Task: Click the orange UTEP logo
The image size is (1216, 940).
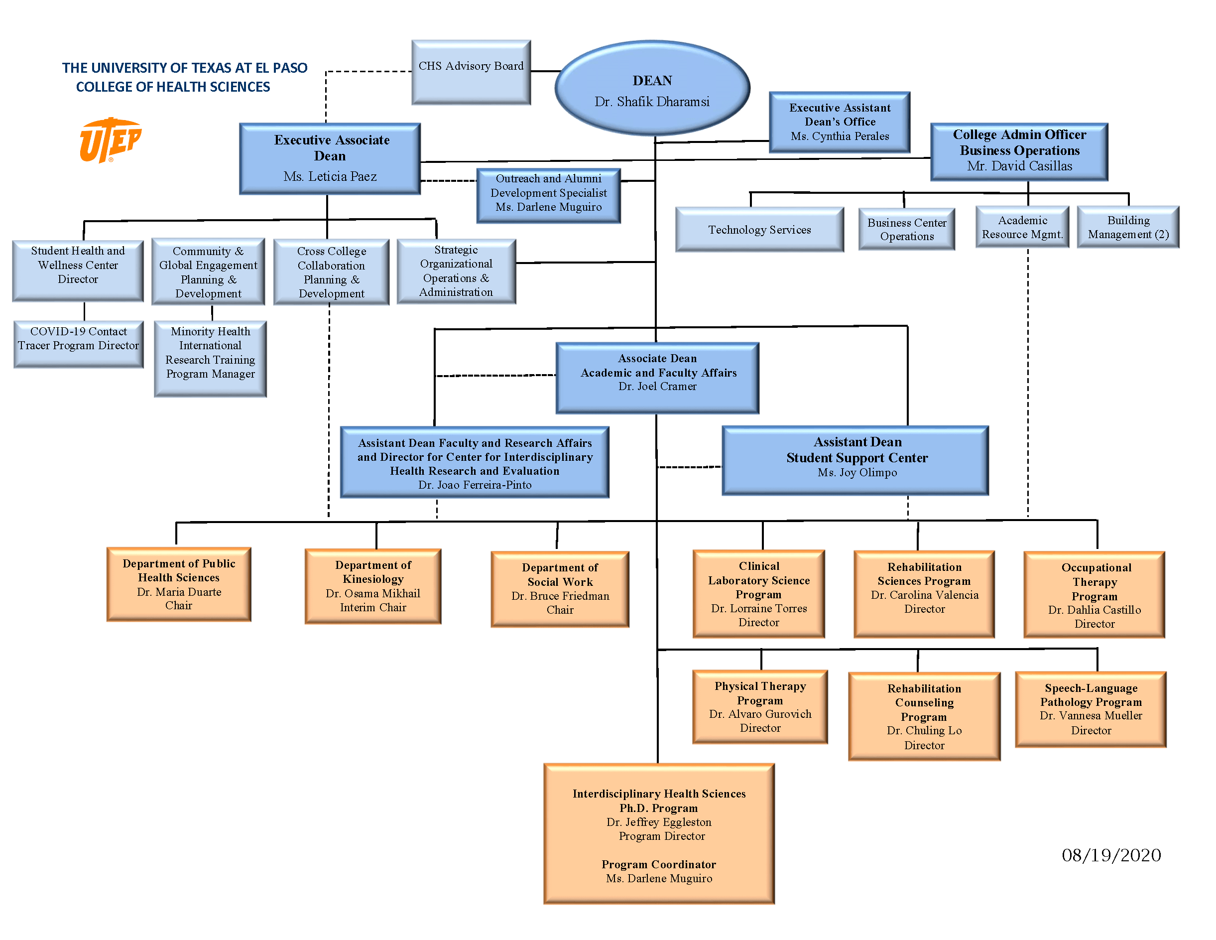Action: [110, 140]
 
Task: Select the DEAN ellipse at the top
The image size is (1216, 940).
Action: [652, 88]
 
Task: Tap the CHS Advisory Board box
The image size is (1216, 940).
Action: [471, 72]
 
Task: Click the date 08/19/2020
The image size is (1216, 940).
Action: [1111, 855]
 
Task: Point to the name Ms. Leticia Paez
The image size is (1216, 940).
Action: [330, 176]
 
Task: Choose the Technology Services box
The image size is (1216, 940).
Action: [759, 230]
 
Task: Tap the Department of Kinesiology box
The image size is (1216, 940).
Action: [373, 586]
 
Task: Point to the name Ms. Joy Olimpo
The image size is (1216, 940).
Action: [857, 472]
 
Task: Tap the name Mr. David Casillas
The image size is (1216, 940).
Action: [1019, 166]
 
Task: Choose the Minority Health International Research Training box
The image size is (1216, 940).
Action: [210, 358]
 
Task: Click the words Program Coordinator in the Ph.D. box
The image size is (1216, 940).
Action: [658, 864]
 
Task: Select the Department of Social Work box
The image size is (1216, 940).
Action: [560, 589]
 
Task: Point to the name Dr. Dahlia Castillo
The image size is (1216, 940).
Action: [1094, 610]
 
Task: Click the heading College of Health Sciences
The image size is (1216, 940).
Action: [173, 87]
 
